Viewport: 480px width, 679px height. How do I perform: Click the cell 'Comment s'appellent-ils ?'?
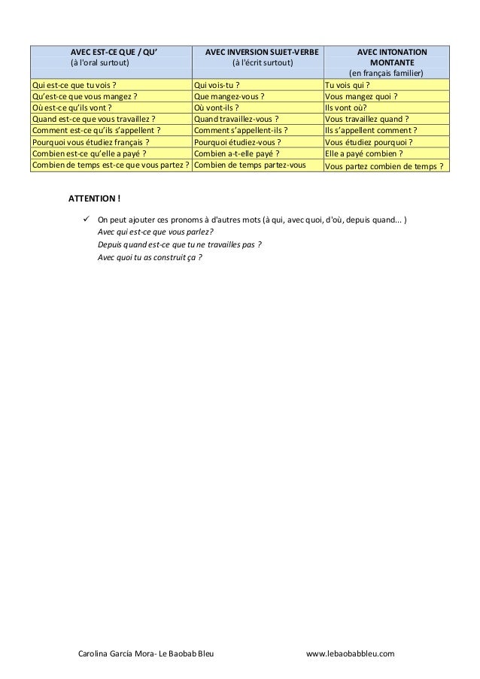click(242, 130)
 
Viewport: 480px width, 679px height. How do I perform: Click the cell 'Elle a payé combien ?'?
click(363, 153)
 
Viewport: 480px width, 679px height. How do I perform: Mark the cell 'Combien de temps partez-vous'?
click(249, 164)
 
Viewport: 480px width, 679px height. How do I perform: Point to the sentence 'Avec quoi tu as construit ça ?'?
click(150, 257)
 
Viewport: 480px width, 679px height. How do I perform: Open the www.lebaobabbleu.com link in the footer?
click(350, 656)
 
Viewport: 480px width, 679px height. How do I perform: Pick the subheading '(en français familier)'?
click(385, 73)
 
